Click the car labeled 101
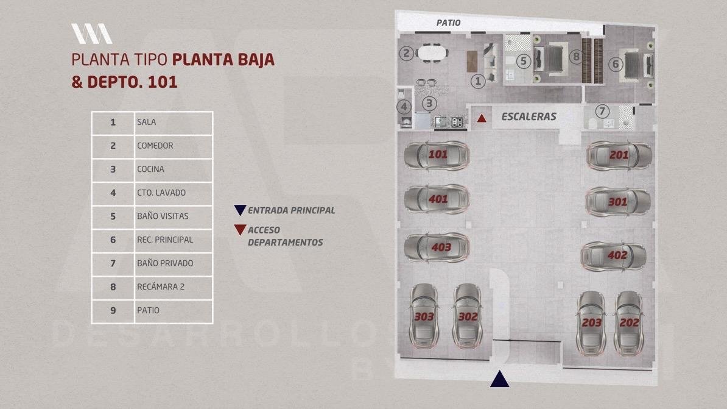coord(437,155)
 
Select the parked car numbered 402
coord(613,256)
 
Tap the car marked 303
coord(424,316)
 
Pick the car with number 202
coord(629,323)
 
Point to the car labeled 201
coord(619,155)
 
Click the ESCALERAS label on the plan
coord(529,116)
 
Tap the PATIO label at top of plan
coord(448,23)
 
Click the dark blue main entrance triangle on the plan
coord(499,379)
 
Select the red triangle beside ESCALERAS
coord(482,118)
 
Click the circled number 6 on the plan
coord(616,64)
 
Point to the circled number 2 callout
coord(407,54)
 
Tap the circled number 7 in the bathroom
coord(602,111)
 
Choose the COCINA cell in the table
coord(173,169)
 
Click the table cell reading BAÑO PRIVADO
coord(173,264)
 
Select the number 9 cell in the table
coord(113,311)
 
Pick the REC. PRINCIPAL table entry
coord(173,240)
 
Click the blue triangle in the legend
coord(240,210)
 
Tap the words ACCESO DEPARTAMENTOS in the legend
coord(285,236)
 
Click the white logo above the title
coord(91,34)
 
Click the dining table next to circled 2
coord(432,53)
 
